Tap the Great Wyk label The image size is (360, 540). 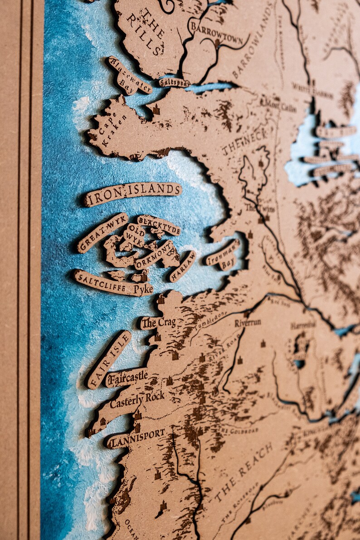(x=102, y=232)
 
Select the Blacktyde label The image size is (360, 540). (x=159, y=225)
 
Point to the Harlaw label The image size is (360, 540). (x=182, y=266)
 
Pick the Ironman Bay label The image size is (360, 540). (x=223, y=256)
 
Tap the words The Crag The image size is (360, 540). (x=158, y=323)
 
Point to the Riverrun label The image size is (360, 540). (x=248, y=323)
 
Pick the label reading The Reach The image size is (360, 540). (x=243, y=472)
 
